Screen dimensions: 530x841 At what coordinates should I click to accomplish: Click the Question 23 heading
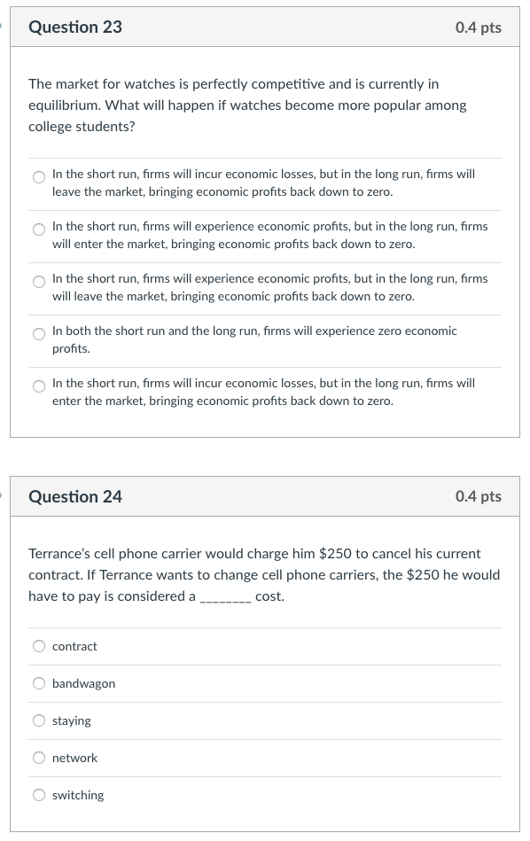75,27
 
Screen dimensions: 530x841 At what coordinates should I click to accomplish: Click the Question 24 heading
75,496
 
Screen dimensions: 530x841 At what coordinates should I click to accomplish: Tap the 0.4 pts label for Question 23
478,27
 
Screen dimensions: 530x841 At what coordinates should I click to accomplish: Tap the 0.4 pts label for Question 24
478,496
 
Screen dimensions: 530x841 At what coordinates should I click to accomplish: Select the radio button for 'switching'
39,795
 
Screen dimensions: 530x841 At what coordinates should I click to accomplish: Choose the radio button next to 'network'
39,758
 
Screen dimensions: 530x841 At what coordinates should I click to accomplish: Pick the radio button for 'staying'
39,720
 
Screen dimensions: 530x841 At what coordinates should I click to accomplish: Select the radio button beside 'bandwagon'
39,683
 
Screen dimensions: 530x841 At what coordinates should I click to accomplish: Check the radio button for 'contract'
39,646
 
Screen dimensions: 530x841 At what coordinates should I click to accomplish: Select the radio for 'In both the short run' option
39,334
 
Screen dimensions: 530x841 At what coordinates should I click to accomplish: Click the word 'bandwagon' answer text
83,683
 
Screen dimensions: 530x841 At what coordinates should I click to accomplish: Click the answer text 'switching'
78,795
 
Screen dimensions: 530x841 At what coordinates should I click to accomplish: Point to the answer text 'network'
74,758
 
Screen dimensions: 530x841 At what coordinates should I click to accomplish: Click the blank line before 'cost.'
225,597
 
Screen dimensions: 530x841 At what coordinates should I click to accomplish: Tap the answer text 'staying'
71,720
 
